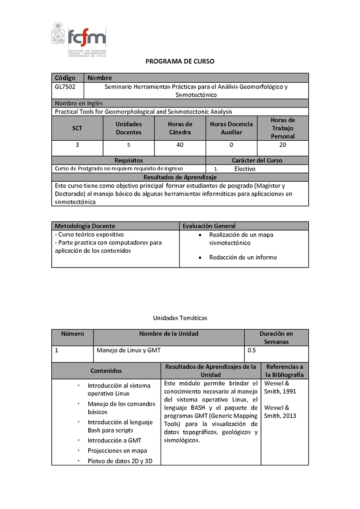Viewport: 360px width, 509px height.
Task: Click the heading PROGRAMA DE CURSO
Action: (180, 62)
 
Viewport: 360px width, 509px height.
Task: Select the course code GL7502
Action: (65, 87)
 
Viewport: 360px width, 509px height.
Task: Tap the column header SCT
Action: (77, 128)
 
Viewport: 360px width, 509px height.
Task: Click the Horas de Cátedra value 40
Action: (180, 145)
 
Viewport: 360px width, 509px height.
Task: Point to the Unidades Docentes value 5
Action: (128, 145)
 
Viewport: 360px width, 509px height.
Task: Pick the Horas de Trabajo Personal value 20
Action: (283, 145)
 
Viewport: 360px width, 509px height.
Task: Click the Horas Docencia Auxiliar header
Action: (231, 128)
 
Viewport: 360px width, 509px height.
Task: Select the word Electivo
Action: (244, 169)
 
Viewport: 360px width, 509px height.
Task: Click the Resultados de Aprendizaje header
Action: (180, 177)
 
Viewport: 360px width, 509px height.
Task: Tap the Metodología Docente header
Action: (85, 226)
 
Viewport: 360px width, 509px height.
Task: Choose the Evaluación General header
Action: (209, 226)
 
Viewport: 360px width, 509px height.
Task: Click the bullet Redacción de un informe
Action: (243, 258)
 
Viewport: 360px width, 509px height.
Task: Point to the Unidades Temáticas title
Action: (180, 318)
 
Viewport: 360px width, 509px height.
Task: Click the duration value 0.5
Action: (252, 350)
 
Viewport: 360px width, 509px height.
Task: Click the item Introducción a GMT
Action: (114, 441)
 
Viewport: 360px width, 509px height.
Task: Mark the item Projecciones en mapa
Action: (117, 451)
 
